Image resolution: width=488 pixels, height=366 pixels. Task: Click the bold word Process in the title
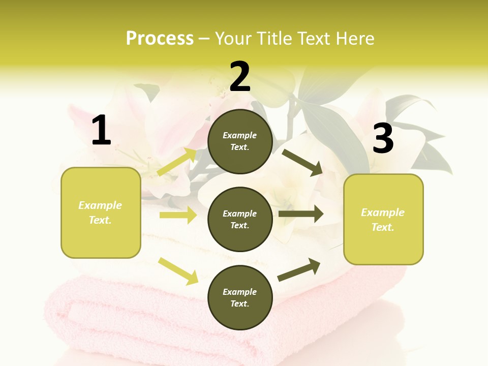tap(160, 39)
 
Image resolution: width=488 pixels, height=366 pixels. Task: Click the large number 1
tap(101, 131)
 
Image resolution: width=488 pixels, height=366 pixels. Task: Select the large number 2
tap(240, 76)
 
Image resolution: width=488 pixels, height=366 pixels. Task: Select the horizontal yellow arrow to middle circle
tap(178, 215)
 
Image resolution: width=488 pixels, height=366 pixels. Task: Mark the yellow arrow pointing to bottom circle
tap(178, 271)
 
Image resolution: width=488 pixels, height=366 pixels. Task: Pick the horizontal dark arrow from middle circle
tap(301, 214)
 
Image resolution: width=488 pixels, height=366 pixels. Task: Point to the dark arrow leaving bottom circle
tap(299, 269)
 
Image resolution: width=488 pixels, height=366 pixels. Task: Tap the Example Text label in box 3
tap(383, 220)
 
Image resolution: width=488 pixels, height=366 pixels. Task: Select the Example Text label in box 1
tap(100, 212)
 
